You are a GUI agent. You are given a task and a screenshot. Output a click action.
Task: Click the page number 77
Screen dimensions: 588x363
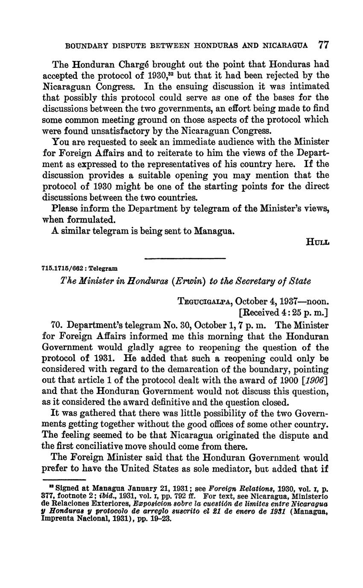click(x=323, y=45)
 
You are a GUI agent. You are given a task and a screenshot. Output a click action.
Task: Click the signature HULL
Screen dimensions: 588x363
click(x=318, y=242)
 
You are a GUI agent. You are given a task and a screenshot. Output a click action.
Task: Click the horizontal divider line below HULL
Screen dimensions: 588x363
click(x=185, y=258)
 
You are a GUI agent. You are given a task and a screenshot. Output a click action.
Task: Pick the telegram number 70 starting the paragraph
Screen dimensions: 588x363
click(x=57, y=325)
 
